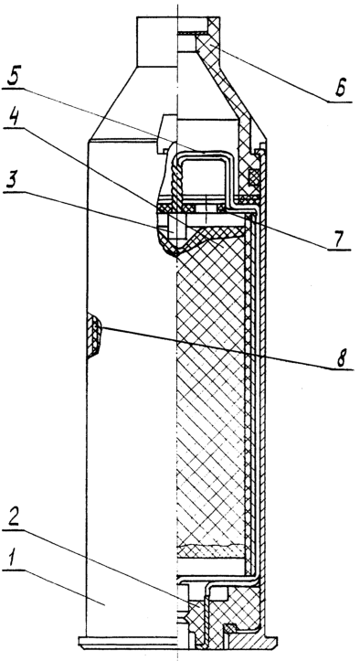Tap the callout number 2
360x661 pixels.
pos(16,512)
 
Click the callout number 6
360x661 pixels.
pos(342,88)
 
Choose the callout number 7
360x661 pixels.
pos(340,239)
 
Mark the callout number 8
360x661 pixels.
pos(344,358)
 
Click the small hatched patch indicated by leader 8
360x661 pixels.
pos(94,336)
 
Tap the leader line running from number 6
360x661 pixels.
pos(275,72)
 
